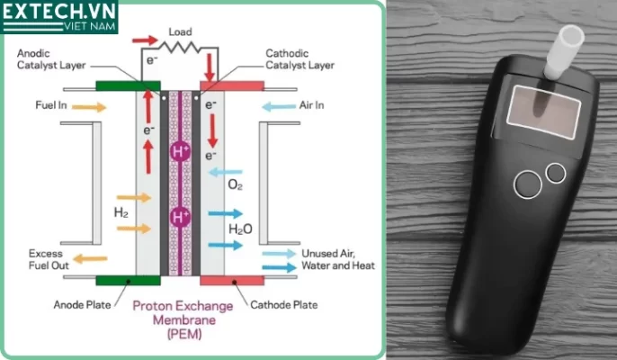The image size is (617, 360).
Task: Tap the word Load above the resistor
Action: click(179, 32)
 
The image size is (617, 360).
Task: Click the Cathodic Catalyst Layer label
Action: click(300, 59)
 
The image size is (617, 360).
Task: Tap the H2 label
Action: click(121, 213)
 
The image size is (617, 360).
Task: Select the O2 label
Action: click(236, 185)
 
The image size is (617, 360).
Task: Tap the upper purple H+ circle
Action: click(181, 151)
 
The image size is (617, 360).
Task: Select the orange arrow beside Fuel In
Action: click(88, 107)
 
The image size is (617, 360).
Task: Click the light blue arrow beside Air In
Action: click(279, 107)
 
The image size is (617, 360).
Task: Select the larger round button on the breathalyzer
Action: click(527, 185)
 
